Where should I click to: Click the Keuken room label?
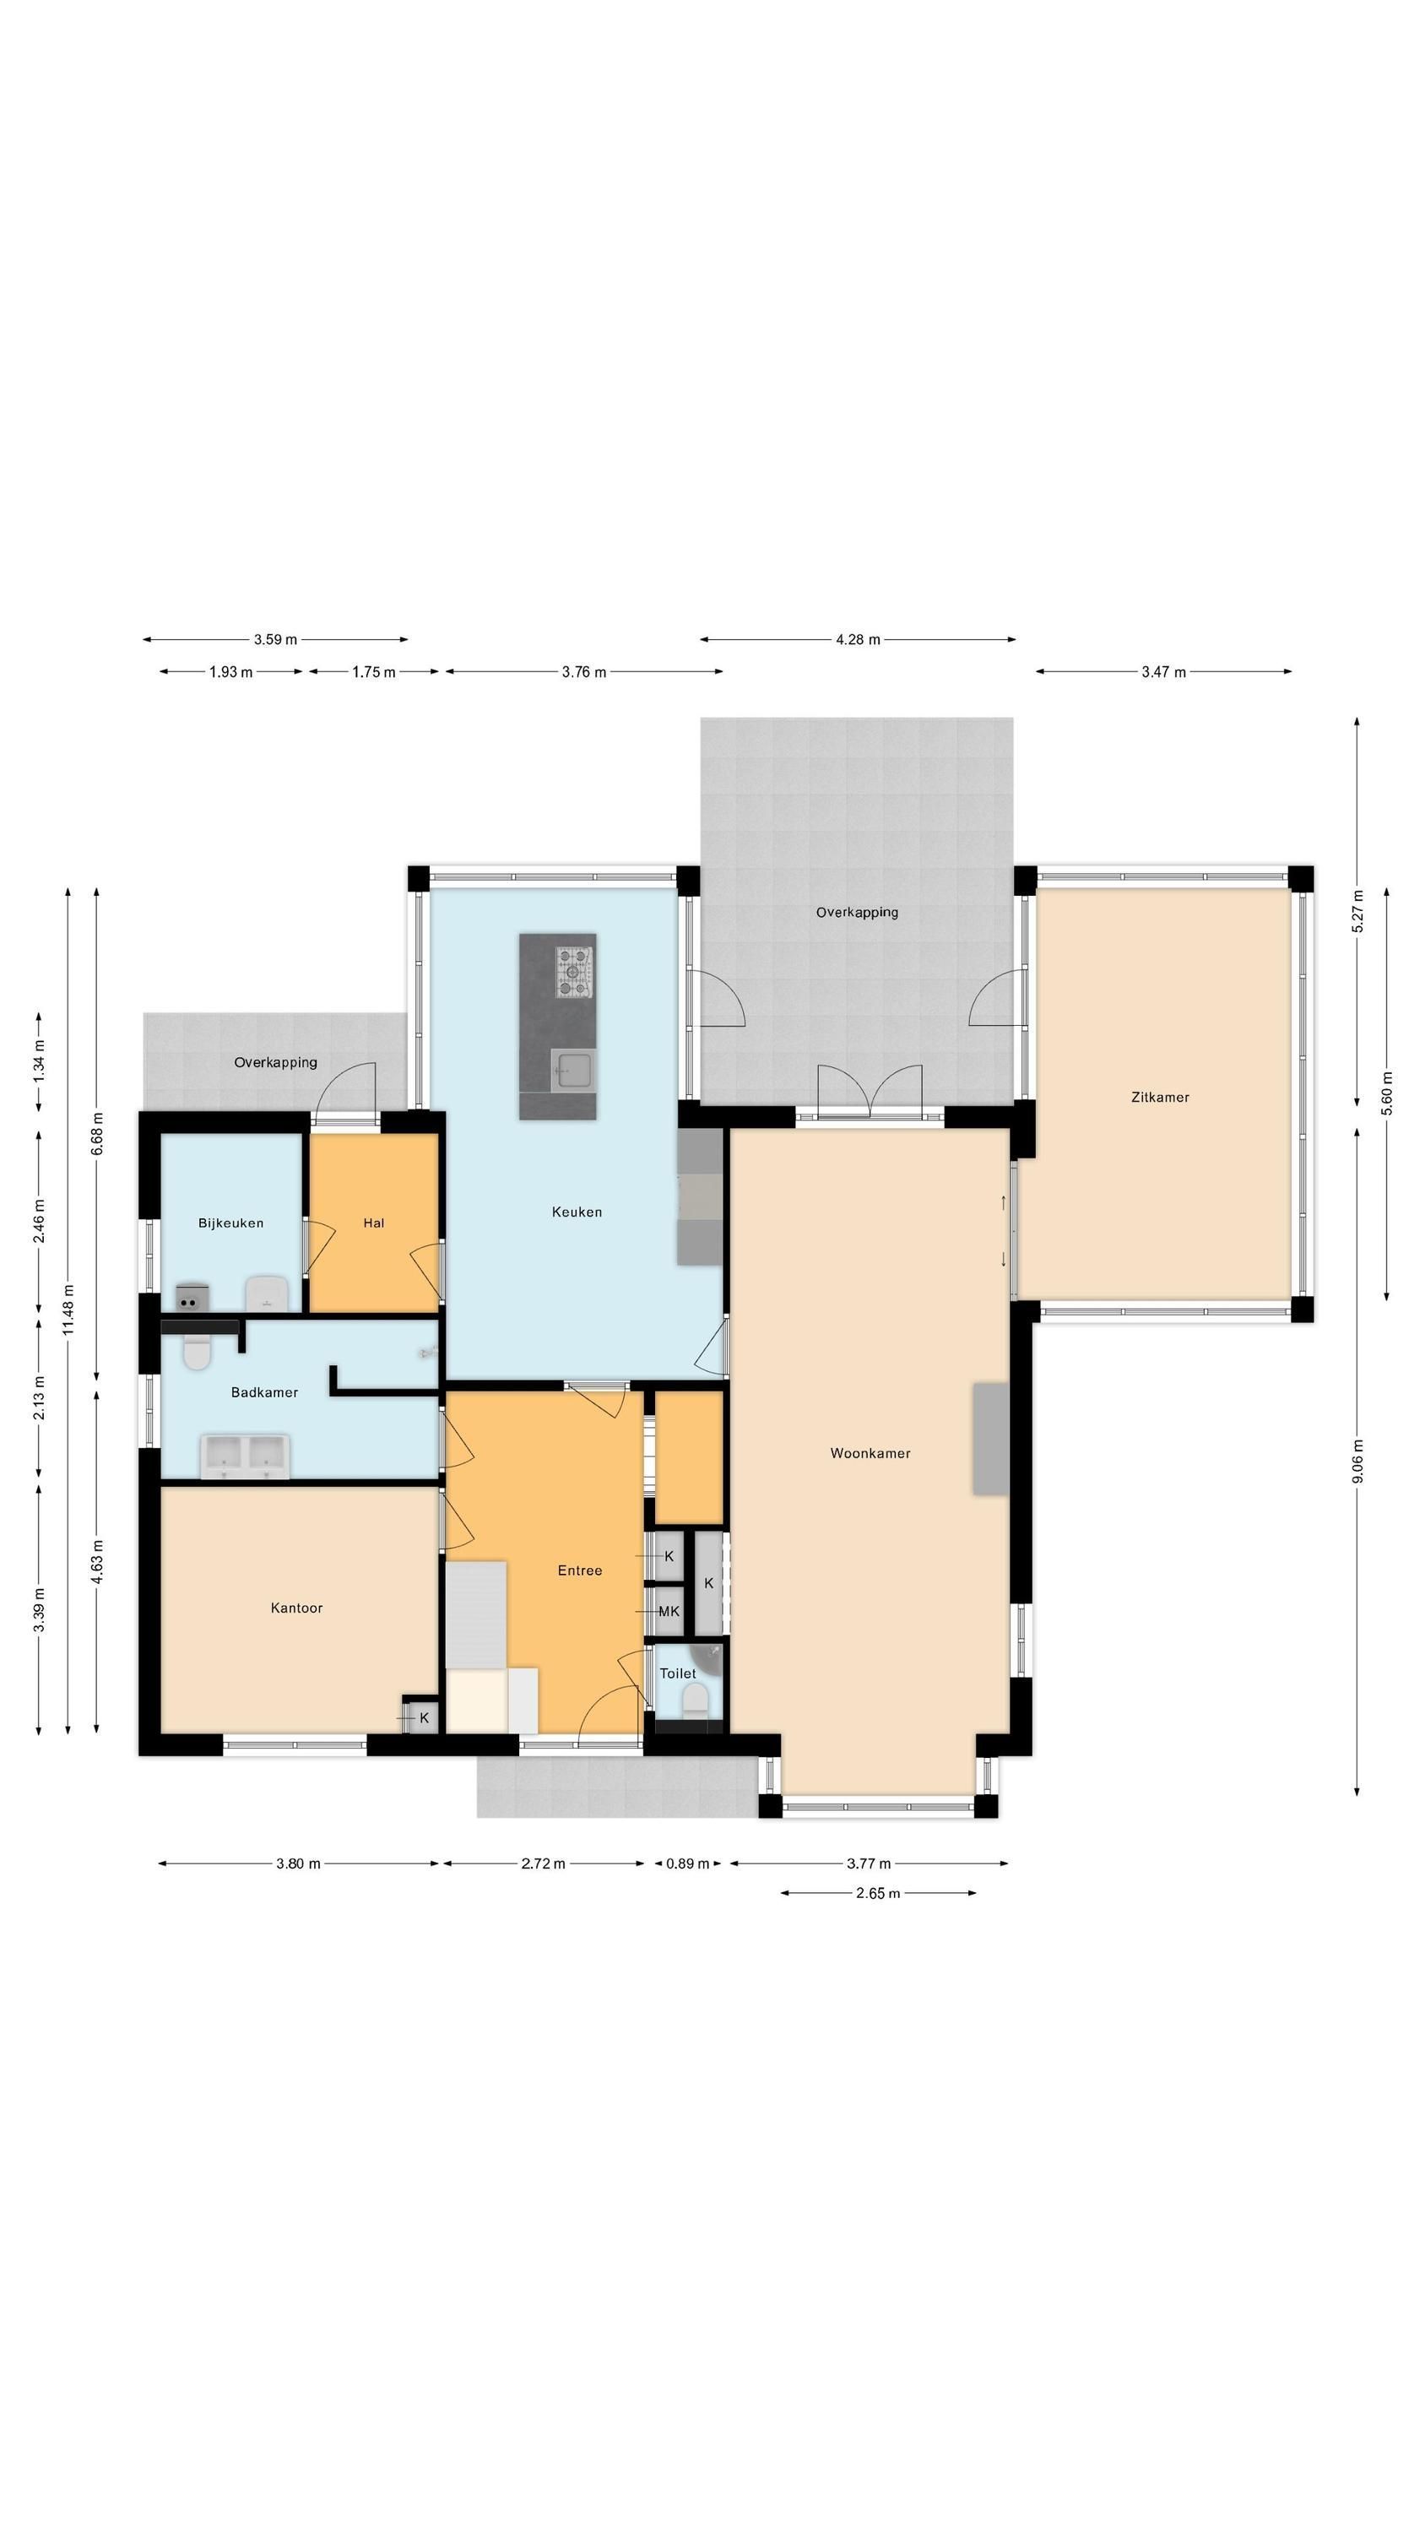tap(577, 1212)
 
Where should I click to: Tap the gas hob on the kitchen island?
tap(575, 972)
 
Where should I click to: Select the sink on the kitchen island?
tap(573, 1069)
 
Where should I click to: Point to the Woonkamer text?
tap(870, 1452)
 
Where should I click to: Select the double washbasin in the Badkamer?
tap(244, 1456)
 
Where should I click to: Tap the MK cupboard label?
tap(669, 1611)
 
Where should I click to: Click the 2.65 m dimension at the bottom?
tap(878, 1892)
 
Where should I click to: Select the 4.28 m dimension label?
tap(858, 639)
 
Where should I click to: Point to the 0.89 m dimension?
tap(687, 1863)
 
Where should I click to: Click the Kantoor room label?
tap(296, 1608)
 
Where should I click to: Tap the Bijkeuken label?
tap(231, 1223)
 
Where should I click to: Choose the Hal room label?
tap(374, 1223)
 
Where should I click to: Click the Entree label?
tap(579, 1570)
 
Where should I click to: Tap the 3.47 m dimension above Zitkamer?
tap(1163, 671)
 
